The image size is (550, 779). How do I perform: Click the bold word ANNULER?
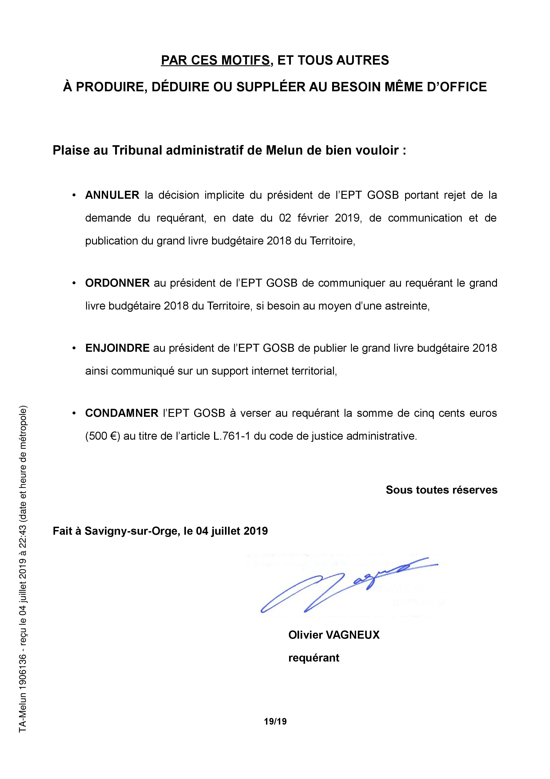(x=112, y=195)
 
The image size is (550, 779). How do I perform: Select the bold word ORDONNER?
(x=117, y=283)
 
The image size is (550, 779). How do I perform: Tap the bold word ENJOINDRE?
(x=117, y=348)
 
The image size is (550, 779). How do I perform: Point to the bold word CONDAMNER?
(x=122, y=413)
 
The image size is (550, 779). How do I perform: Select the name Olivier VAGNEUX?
(x=334, y=635)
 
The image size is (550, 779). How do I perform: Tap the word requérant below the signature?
(x=314, y=658)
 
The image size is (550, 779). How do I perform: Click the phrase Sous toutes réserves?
(x=442, y=490)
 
